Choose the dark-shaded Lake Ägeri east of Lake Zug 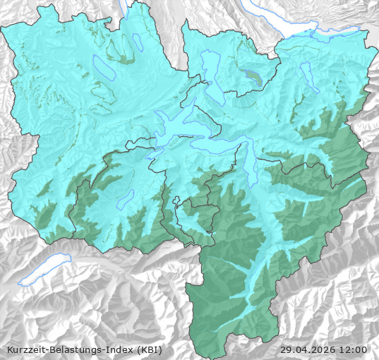coord(253,76)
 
